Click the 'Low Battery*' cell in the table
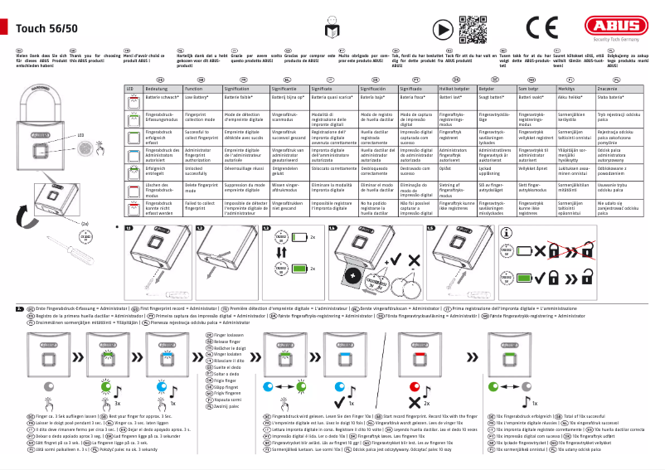(202, 97)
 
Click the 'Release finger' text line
(227, 341)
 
